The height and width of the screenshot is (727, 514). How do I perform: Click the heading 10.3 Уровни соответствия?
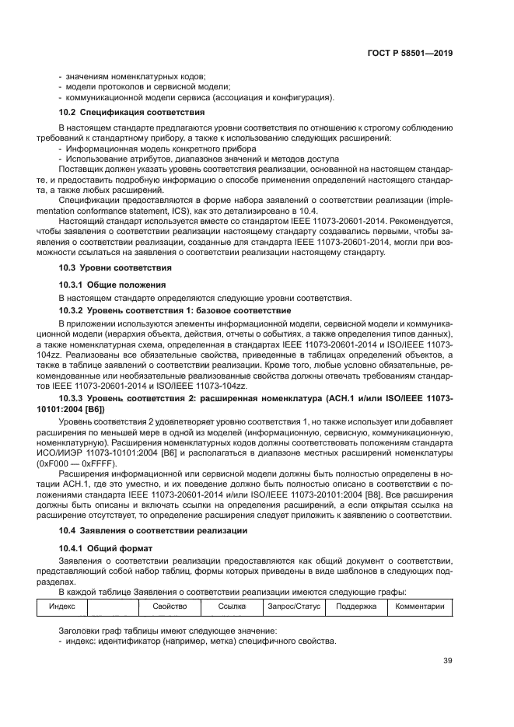click(105, 267)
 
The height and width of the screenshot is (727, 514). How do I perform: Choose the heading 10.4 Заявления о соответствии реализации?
click(153, 530)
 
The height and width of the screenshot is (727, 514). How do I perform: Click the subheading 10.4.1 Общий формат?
click(106, 548)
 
